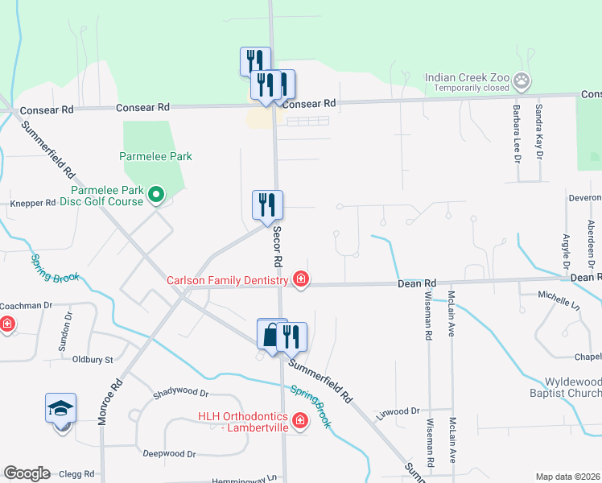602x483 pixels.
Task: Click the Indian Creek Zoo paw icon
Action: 524,79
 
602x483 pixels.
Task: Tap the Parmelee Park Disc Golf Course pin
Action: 157,193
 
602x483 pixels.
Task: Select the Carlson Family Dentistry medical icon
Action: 300,279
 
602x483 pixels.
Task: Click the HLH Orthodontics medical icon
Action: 300,420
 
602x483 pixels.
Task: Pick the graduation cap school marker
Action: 61,409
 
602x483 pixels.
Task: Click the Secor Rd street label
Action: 276,246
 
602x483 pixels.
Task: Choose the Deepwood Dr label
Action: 169,454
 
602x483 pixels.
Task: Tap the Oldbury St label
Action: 92,359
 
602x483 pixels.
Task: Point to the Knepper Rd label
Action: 32,204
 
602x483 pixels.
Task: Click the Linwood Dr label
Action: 398,411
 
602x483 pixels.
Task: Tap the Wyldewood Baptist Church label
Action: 567,386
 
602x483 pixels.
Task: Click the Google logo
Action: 27,473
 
